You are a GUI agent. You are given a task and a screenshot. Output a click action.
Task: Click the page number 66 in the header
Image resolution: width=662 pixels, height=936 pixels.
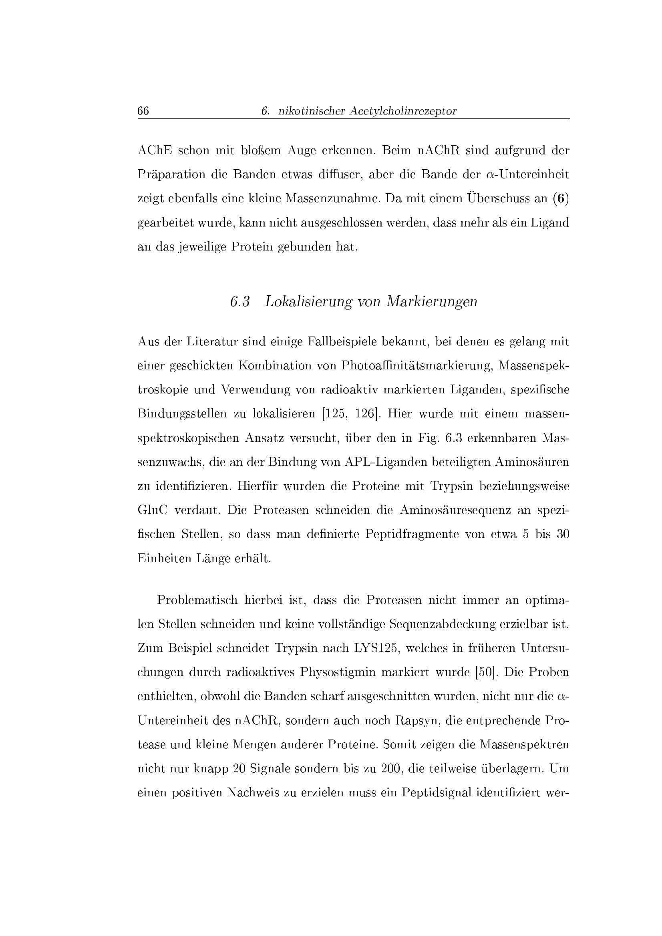tap(143, 111)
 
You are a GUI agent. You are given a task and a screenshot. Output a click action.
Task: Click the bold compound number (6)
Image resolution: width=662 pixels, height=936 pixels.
tap(561, 199)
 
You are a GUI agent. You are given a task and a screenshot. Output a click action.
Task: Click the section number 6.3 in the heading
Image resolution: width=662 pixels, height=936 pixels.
tap(240, 302)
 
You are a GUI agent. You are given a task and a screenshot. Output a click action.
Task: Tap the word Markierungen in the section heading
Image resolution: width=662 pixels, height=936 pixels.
tap(432, 302)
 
